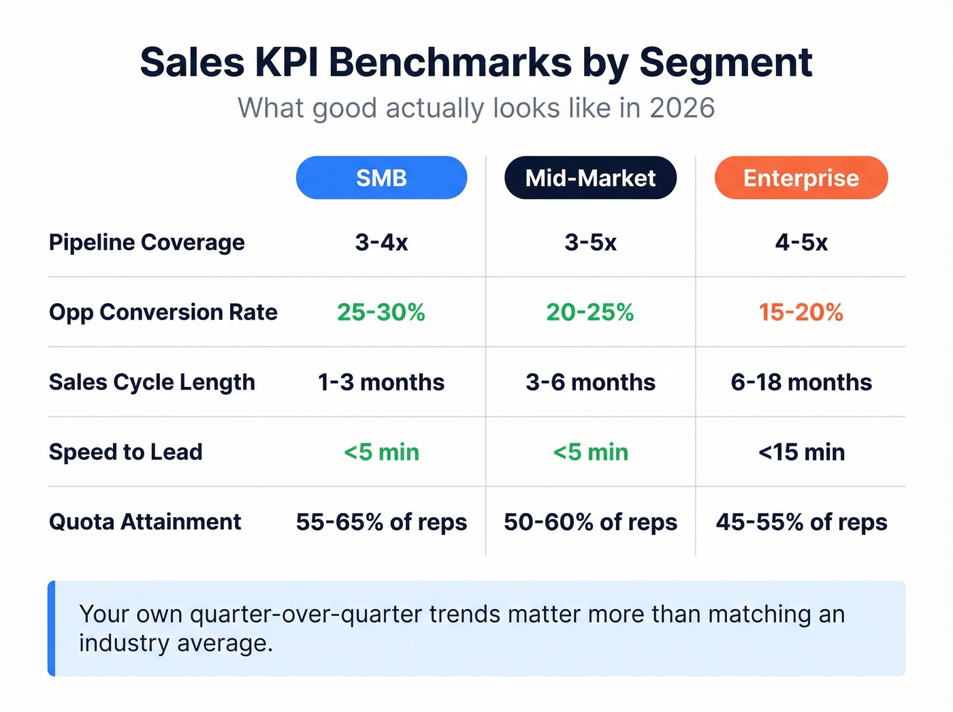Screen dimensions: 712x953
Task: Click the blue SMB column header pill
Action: click(x=381, y=178)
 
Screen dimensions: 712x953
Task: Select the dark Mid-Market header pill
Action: click(x=590, y=178)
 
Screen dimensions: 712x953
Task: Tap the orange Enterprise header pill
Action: click(x=801, y=178)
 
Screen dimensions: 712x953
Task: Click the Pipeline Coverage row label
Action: click(x=146, y=243)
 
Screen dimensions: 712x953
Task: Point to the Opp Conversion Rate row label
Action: click(x=163, y=312)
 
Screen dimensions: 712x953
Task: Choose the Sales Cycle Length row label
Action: click(x=152, y=382)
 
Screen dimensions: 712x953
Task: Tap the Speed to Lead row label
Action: click(x=125, y=452)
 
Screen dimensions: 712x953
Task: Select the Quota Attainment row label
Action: click(x=145, y=522)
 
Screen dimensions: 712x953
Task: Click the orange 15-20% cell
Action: click(x=801, y=313)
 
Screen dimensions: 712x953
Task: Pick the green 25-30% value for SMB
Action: click(x=381, y=313)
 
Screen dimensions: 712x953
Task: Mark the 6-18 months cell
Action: click(x=801, y=382)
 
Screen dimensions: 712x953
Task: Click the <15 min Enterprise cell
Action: click(x=801, y=452)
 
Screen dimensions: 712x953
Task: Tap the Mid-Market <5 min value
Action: click(x=590, y=452)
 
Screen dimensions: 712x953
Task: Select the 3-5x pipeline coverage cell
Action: click(x=590, y=243)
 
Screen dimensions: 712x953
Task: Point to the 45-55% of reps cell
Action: click(x=801, y=523)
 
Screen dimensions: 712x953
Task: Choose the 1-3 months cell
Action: click(x=381, y=382)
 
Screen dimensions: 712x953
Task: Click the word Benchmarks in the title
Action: click(x=450, y=63)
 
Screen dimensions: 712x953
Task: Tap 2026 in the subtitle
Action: click(x=681, y=108)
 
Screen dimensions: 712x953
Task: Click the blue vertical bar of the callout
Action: click(x=52, y=628)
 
